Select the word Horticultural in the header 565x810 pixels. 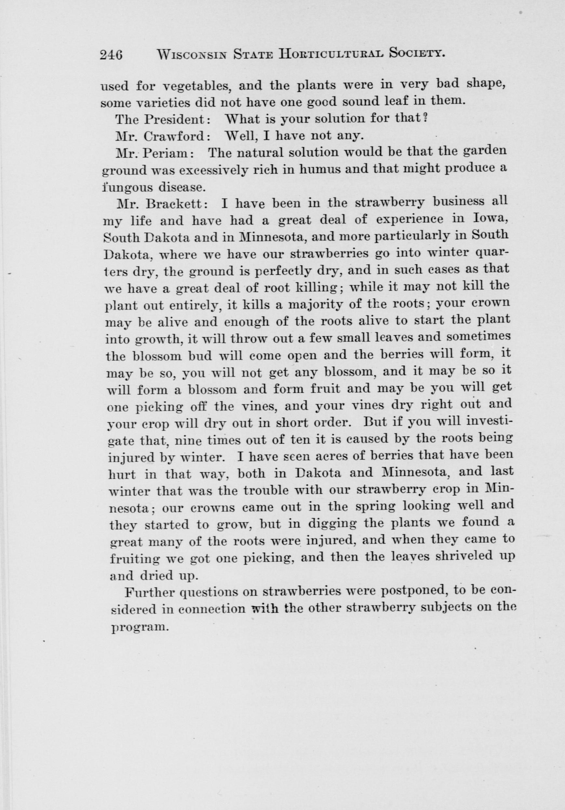[330, 54]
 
